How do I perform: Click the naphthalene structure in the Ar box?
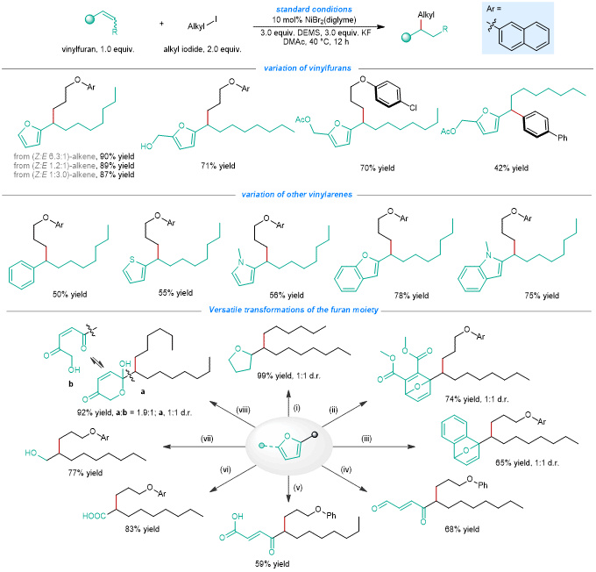pyautogui.click(x=526, y=36)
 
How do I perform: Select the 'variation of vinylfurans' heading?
pyautogui.click(x=299, y=68)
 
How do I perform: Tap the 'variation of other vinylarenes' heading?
pyautogui.click(x=297, y=195)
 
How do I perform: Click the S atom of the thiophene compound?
pyautogui.click(x=130, y=260)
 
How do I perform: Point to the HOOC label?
pyautogui.click(x=94, y=516)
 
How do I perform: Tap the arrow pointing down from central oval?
pyautogui.click(x=287, y=493)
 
